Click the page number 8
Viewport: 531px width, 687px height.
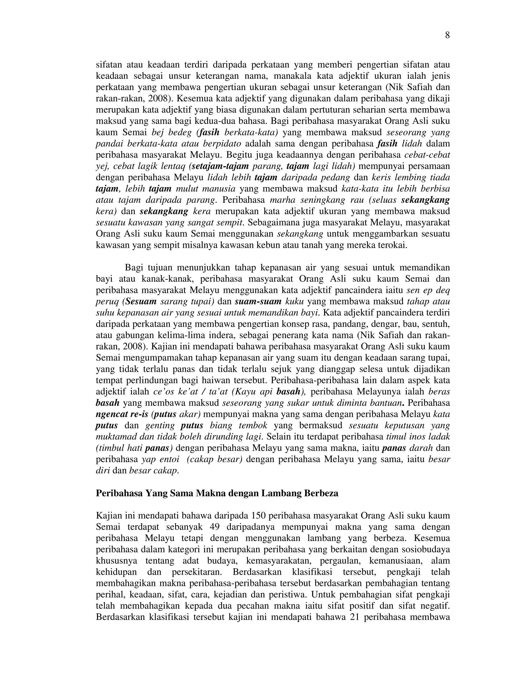(x=447, y=36)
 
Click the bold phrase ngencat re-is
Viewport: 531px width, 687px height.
(x=122, y=414)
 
